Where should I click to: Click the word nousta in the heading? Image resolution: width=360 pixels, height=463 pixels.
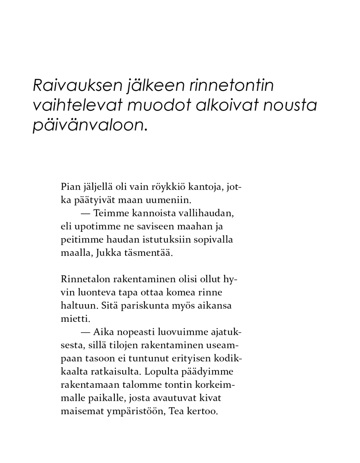tap(290, 106)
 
